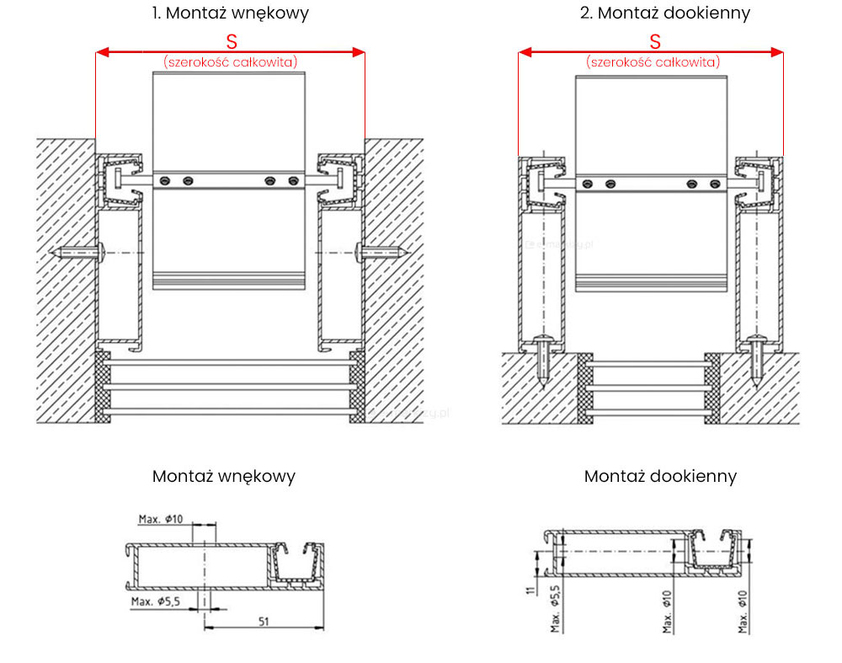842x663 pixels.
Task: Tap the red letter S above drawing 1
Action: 232,41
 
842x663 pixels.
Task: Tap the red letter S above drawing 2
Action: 654,41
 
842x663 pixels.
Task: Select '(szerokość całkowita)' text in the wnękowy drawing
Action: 231,61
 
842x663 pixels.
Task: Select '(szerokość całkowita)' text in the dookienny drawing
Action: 653,61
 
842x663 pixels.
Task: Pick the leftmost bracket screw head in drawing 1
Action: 166,179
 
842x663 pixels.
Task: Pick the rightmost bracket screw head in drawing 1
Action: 293,179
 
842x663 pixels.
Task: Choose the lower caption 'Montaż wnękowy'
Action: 224,476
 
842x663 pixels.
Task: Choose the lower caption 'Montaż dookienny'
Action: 660,476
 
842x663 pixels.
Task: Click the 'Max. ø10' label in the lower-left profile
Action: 160,519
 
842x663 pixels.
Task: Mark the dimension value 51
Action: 264,621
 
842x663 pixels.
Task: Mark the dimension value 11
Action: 529,591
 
